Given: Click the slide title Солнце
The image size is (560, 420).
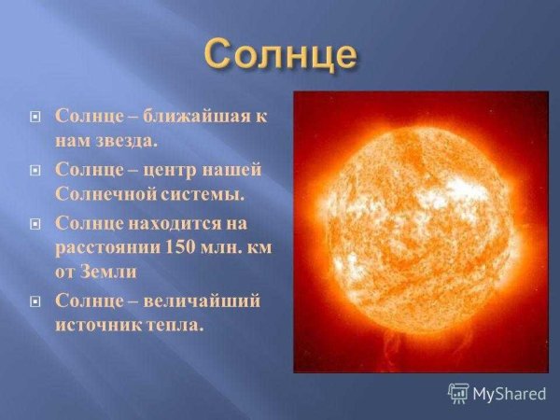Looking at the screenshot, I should point(281,53).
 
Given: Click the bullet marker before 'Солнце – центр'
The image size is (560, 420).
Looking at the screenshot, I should point(36,172).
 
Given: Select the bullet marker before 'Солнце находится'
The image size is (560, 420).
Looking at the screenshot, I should point(36,225).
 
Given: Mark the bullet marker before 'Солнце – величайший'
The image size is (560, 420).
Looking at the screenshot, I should point(36,302).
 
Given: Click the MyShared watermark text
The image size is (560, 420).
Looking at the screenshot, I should point(508,393).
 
